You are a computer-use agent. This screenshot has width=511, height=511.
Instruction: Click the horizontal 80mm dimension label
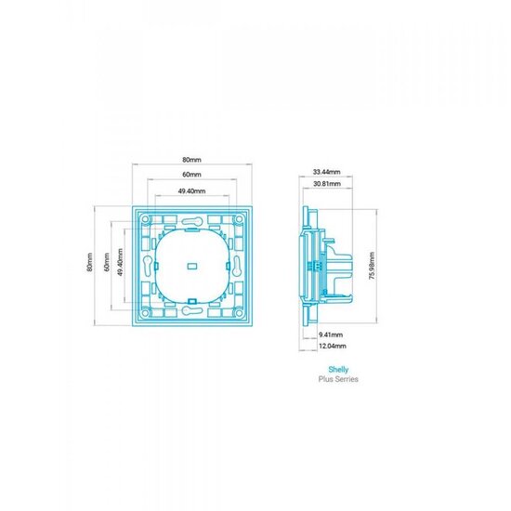click(191, 160)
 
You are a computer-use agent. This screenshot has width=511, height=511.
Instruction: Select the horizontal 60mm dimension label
click(191, 175)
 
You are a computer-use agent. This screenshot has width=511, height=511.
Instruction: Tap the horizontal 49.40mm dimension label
click(191, 191)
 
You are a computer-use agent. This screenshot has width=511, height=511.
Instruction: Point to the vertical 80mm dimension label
click(90, 262)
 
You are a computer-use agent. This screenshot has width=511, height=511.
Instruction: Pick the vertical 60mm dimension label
click(107, 262)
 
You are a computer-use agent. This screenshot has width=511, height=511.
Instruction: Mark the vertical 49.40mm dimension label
click(120, 262)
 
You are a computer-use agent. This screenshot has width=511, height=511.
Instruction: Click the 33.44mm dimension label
click(326, 172)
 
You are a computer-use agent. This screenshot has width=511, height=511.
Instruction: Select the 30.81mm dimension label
click(327, 184)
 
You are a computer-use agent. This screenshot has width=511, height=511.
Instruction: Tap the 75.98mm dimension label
click(372, 266)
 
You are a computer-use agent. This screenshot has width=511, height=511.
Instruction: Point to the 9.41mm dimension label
click(331, 334)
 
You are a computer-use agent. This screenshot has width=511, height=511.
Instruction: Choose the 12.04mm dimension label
click(333, 346)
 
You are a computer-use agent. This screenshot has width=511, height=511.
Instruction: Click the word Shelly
click(338, 370)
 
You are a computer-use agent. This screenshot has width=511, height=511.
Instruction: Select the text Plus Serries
click(338, 379)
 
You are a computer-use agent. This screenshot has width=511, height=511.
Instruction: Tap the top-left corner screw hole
click(145, 219)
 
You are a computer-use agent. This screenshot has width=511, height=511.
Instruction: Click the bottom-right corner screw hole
click(239, 313)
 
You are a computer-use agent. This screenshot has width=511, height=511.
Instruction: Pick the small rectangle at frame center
click(192, 266)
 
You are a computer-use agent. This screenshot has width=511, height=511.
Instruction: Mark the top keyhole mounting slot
click(192, 221)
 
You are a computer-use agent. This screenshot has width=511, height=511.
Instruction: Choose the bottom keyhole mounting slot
click(192, 310)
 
